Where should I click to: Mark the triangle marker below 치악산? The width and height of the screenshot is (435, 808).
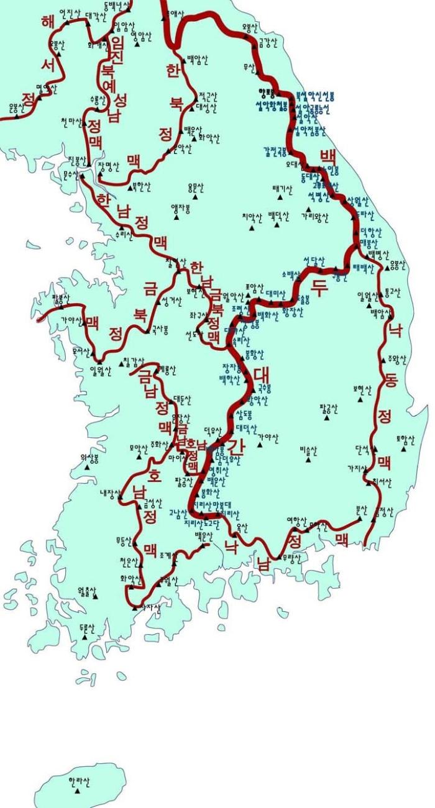click(252, 227)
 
